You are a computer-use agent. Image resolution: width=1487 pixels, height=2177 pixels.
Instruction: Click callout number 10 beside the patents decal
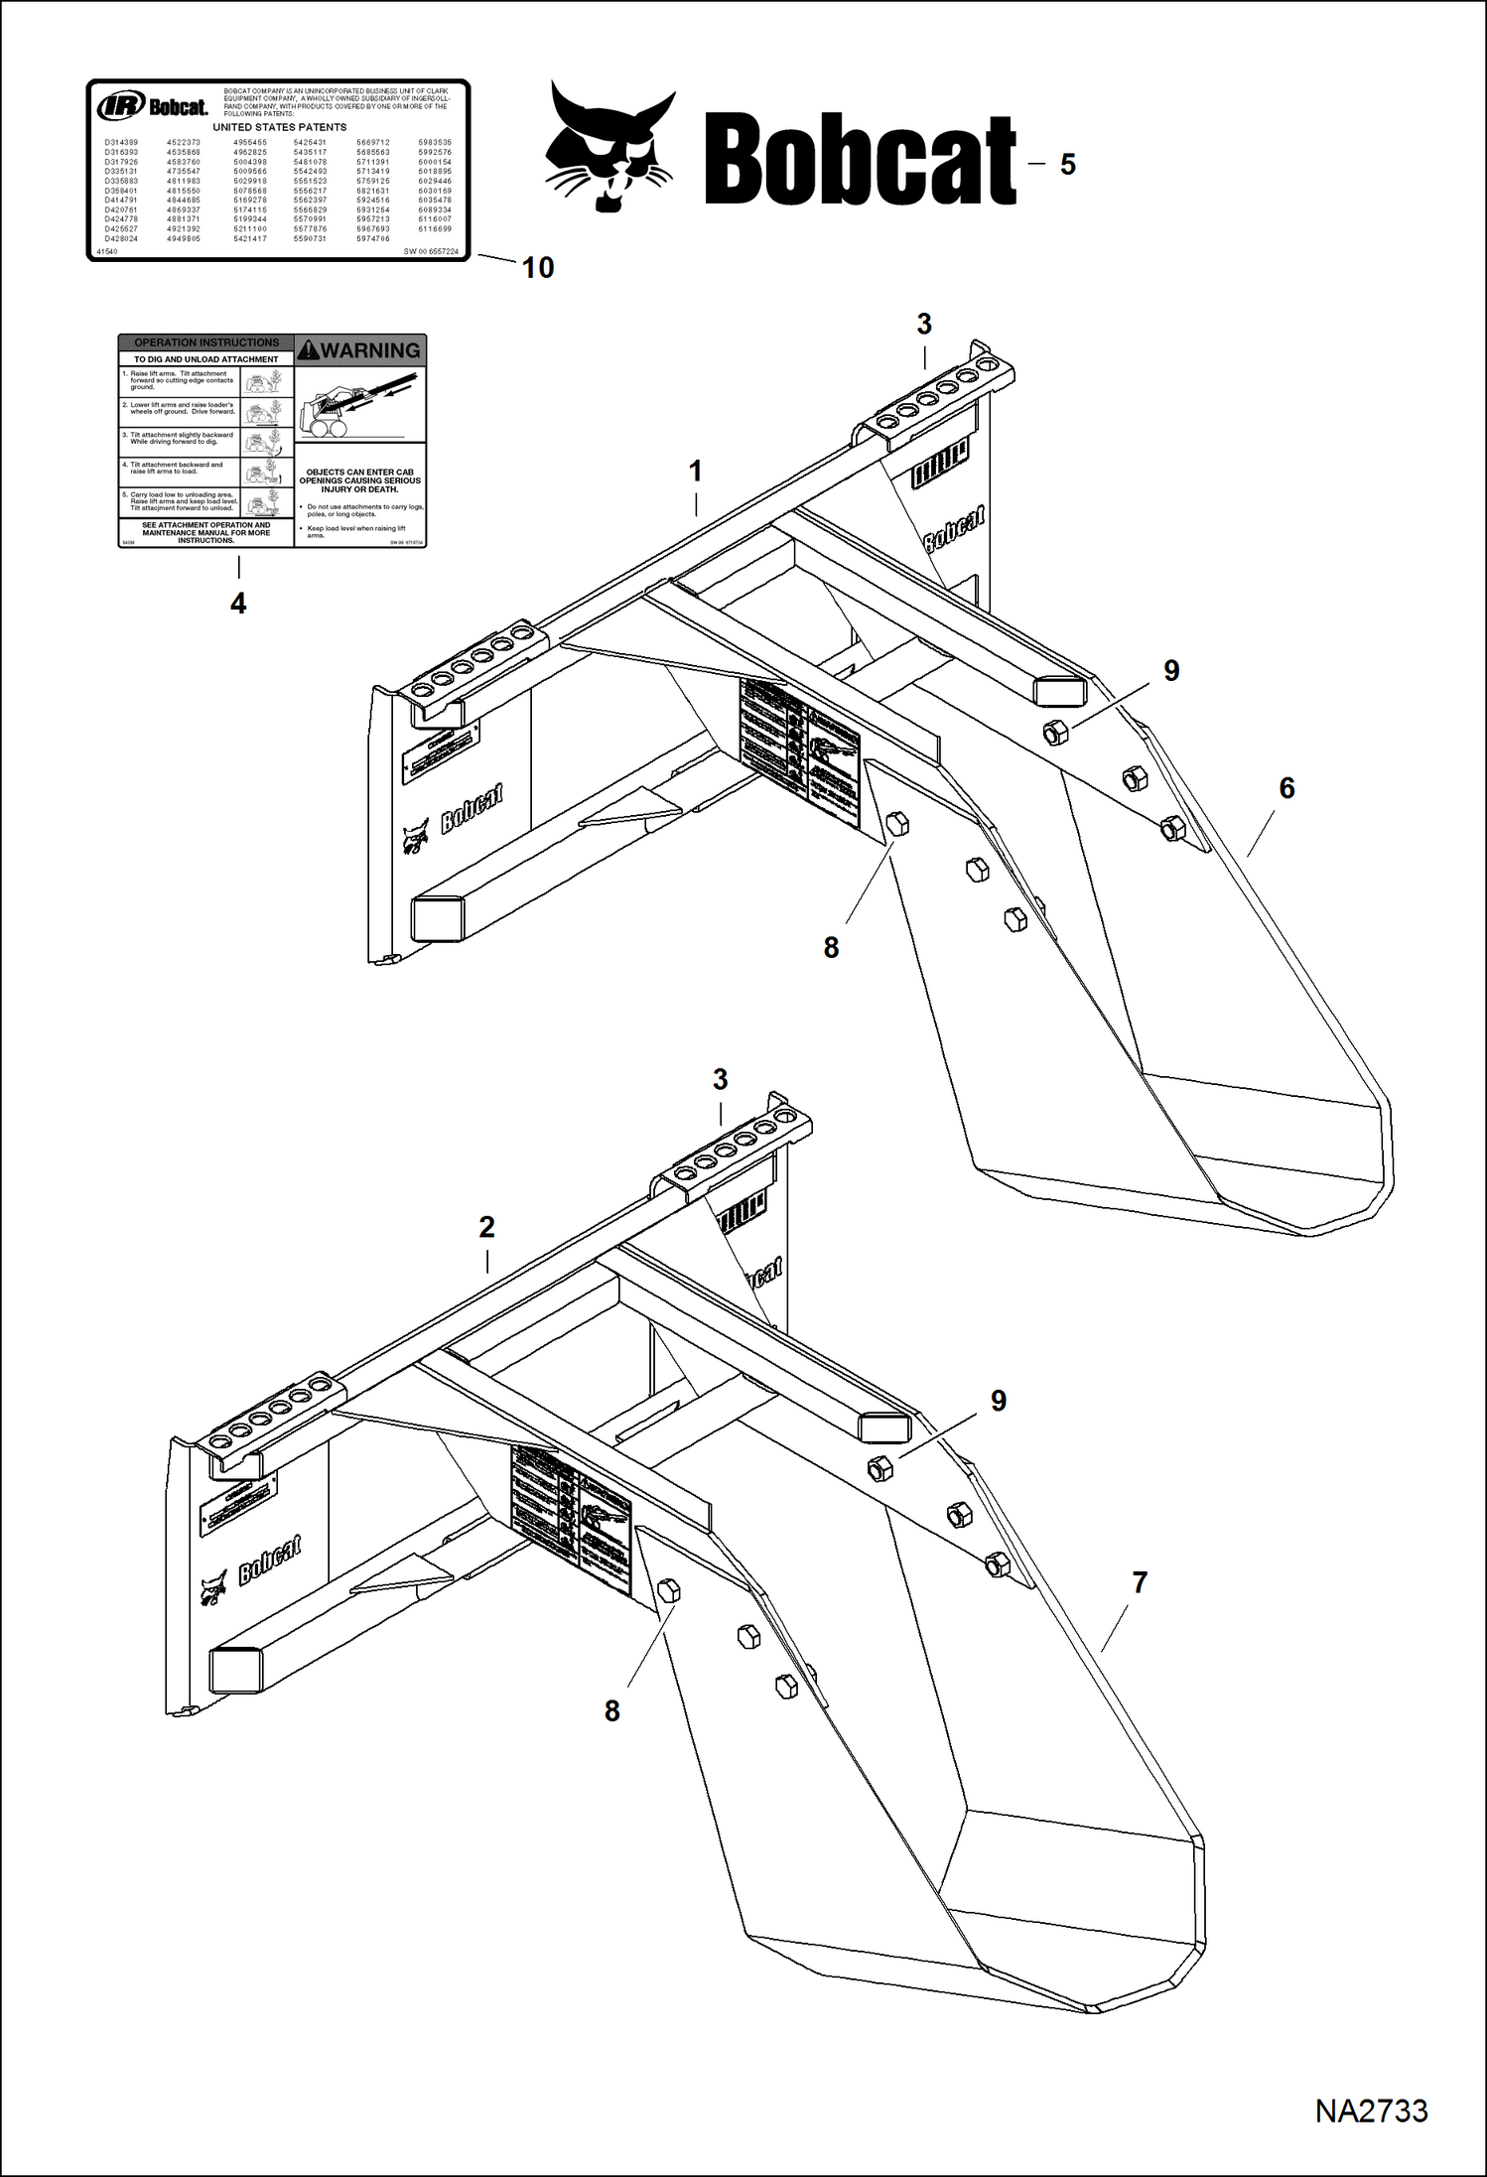click(x=538, y=267)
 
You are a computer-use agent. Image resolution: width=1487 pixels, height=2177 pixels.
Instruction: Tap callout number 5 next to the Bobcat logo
click(x=1067, y=165)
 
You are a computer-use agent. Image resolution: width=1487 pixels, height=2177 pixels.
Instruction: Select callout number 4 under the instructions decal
click(x=238, y=603)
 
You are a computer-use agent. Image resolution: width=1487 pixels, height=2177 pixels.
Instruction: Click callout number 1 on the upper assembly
click(x=696, y=471)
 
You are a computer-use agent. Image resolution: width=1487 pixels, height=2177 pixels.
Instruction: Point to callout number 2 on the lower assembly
click(x=486, y=1227)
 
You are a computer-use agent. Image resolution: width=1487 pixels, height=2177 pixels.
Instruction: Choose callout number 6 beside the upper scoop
click(x=1286, y=788)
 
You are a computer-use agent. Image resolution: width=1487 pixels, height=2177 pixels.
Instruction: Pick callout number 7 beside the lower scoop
click(x=1140, y=1582)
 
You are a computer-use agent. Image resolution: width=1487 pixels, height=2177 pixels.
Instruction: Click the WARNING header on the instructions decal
click(x=360, y=350)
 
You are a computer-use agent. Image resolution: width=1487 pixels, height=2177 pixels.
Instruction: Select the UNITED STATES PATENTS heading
click(x=280, y=127)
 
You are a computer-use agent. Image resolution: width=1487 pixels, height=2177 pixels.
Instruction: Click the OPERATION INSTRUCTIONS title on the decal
click(x=206, y=342)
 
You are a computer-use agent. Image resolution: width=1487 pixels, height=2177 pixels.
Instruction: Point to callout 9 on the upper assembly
click(x=1171, y=671)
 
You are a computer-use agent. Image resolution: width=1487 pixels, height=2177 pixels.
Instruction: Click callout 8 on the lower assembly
click(x=611, y=1710)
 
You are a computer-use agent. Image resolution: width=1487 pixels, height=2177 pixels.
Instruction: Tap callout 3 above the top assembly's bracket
click(x=924, y=324)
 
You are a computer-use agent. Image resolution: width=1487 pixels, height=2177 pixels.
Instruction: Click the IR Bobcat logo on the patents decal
click(x=152, y=106)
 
